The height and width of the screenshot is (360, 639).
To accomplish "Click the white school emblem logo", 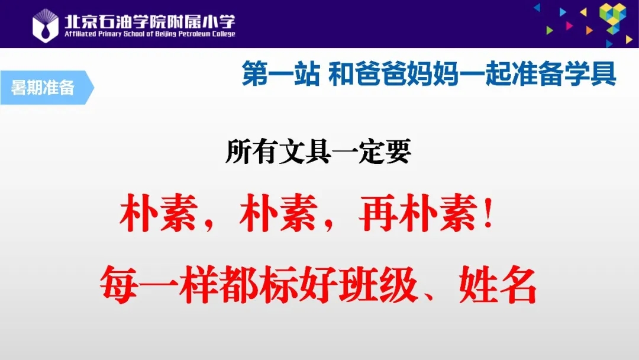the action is coord(45,25).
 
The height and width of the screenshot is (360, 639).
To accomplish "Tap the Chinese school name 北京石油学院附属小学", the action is coord(150,21).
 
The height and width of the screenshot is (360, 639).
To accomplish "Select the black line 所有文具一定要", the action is coord(318,152).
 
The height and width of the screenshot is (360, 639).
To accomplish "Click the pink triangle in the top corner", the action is coord(569,25).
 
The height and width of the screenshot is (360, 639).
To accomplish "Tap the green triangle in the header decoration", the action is coord(549,30).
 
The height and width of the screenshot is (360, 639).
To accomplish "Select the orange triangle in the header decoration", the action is coord(589,30).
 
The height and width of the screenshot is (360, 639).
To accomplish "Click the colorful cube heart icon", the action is coord(612,18).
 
